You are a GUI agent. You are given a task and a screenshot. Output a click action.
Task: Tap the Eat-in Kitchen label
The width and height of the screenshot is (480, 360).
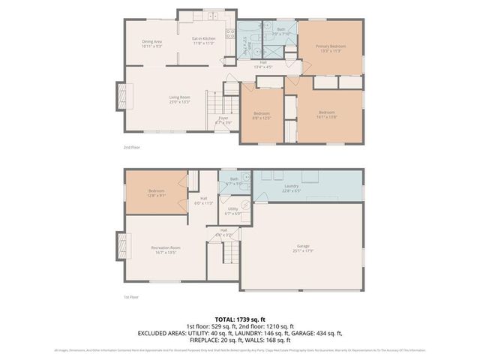204,39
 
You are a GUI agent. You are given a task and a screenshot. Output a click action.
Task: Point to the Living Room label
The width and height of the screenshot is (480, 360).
179,97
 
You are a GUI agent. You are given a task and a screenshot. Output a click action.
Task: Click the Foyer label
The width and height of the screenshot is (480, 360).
223,118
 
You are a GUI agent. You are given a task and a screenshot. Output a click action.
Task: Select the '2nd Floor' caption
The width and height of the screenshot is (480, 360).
131,147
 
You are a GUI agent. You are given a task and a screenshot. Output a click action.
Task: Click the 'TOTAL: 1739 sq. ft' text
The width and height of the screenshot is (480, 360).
240,319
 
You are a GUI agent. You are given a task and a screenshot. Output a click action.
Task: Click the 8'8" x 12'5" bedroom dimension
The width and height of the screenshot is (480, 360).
262,118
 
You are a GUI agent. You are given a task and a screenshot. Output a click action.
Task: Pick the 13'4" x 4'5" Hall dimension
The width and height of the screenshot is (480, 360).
263,67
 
